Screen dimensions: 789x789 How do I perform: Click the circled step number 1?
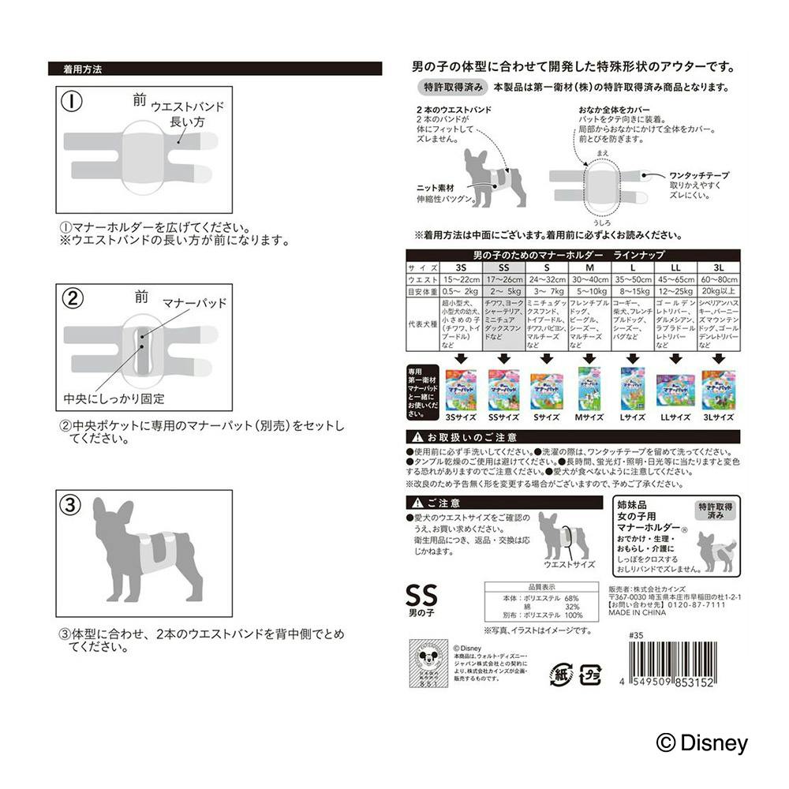pyautogui.click(x=72, y=102)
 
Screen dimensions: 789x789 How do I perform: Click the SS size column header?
pyautogui.click(x=503, y=267)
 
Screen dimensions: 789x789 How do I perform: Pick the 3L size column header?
pyautogui.click(x=719, y=267)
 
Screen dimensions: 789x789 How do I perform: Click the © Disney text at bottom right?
pyautogui.click(x=701, y=742)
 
